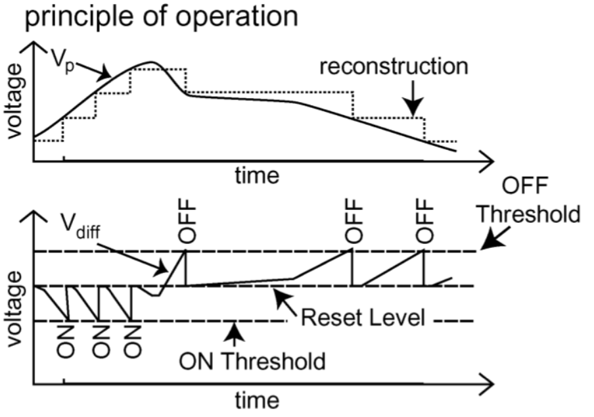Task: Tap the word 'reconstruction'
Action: tap(394, 67)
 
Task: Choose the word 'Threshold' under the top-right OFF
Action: tap(529, 214)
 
